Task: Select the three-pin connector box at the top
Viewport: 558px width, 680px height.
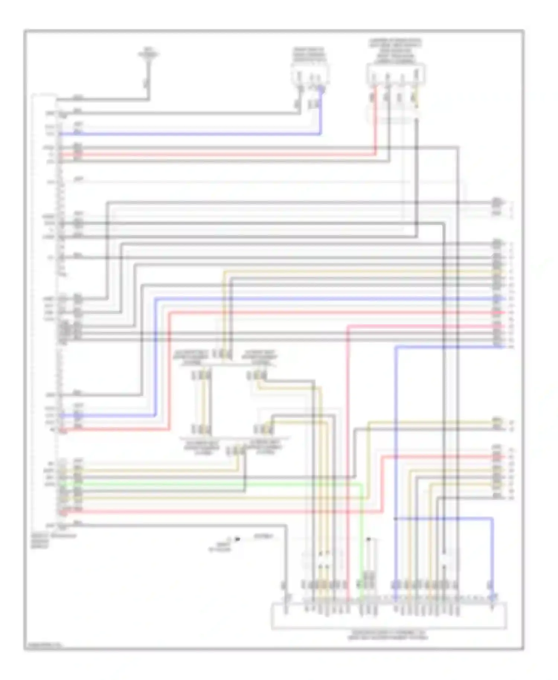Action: point(310,74)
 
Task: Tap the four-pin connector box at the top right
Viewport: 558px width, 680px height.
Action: point(396,74)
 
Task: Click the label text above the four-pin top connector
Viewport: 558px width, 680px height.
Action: point(395,50)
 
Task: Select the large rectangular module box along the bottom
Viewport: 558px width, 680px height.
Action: point(389,616)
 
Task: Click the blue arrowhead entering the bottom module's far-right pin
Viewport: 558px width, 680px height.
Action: point(493,597)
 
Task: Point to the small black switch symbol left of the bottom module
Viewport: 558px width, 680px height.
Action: point(237,539)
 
